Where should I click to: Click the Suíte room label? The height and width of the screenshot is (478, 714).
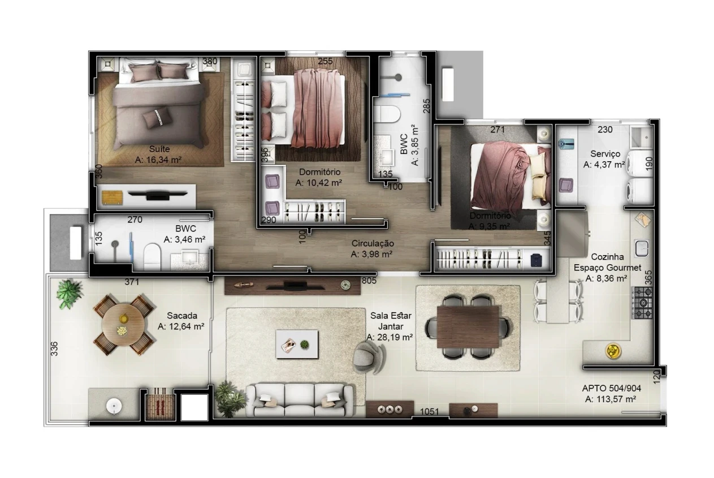point(159,149)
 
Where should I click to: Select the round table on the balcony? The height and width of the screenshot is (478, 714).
point(123,325)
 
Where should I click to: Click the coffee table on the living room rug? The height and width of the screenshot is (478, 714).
point(297,344)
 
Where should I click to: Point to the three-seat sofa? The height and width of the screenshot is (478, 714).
point(300,400)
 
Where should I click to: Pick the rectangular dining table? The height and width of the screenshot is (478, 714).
point(468,327)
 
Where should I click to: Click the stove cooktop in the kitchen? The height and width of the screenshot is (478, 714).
point(642,303)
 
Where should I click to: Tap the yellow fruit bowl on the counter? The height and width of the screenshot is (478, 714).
point(613,351)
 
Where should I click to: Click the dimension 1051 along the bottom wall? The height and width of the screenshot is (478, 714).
point(429,412)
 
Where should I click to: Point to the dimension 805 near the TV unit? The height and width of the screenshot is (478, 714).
point(369,281)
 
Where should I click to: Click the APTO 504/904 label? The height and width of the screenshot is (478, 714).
point(611,388)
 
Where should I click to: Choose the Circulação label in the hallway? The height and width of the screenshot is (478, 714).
point(373,243)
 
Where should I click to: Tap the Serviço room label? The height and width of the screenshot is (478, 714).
point(605,154)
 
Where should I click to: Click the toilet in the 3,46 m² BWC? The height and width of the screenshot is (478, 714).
point(152,257)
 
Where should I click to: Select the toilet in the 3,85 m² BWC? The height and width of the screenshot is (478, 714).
point(387,114)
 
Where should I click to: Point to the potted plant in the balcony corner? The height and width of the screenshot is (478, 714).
point(68,294)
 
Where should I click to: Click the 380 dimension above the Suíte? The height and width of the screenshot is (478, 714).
point(210,61)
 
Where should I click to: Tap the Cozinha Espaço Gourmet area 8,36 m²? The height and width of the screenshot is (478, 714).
point(606,278)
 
